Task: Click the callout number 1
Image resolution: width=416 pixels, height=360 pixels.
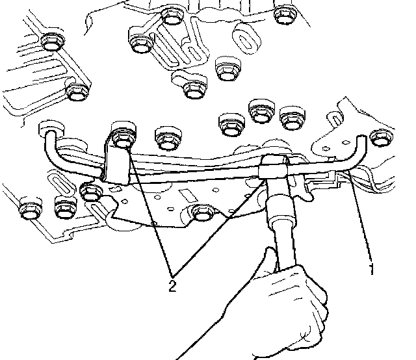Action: click(372, 269)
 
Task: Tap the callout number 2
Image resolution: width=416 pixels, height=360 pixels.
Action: click(172, 286)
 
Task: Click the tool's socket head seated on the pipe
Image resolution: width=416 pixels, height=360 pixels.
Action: click(273, 167)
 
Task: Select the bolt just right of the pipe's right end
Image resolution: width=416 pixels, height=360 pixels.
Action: click(382, 138)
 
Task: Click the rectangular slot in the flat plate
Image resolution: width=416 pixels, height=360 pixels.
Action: click(188, 195)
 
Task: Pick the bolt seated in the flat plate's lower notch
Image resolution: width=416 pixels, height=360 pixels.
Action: click(202, 212)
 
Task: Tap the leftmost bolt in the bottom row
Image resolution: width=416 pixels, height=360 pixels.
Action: click(31, 208)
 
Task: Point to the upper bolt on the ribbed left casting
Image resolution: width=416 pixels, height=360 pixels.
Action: click(53, 42)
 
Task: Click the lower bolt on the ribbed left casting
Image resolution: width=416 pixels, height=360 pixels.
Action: click(77, 92)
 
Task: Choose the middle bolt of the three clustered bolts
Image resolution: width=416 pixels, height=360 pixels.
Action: click(261, 111)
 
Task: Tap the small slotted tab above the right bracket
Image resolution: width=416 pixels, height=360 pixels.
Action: click(335, 118)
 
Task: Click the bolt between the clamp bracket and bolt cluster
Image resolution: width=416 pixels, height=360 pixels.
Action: click(168, 138)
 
